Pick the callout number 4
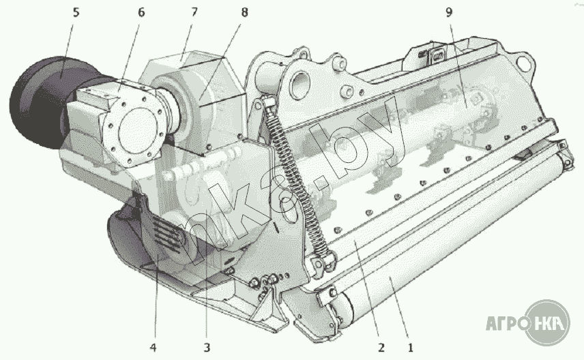coord(154,347)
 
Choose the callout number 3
coord(207,347)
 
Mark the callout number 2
coord(379,347)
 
